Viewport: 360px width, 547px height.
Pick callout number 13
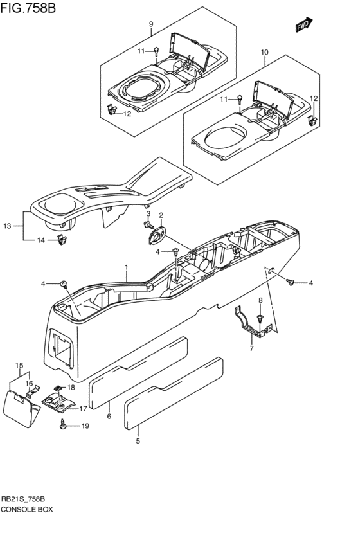7,226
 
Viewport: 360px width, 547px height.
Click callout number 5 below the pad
138,441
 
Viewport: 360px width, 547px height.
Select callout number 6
109,417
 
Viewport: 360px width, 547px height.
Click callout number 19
84,426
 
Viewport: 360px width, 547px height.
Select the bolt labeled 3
146,225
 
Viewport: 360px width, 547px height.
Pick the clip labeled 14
61,240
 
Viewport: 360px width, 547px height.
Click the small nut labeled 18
57,388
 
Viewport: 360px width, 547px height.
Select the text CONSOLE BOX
27,508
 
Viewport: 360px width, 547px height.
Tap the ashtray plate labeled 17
59,404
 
